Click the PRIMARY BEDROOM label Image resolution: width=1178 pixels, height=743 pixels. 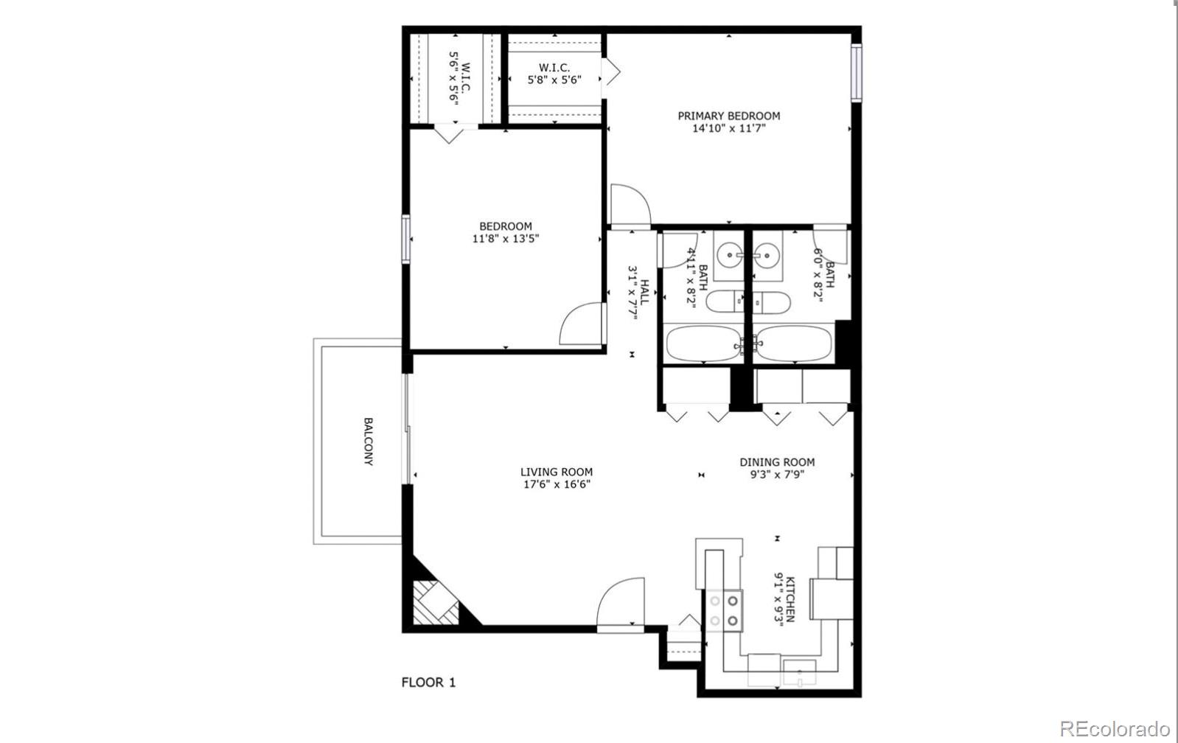pos(728,116)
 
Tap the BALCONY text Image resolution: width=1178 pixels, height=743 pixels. pos(368,442)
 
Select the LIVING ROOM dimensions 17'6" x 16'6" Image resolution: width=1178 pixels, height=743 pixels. pos(556,484)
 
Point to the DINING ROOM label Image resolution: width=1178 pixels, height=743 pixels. pos(777,462)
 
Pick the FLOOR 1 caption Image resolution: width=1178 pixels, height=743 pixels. pos(428,683)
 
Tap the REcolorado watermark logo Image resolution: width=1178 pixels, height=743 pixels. pos(1114,728)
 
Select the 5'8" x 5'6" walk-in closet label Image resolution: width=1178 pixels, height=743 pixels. pos(554,80)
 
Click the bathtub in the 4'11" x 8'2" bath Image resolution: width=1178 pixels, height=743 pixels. pos(703,343)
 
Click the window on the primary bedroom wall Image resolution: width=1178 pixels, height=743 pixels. pos(855,73)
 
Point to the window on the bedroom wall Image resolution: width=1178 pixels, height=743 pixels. pos(405,238)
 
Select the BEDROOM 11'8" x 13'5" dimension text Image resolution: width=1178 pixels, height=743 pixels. pos(505,238)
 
